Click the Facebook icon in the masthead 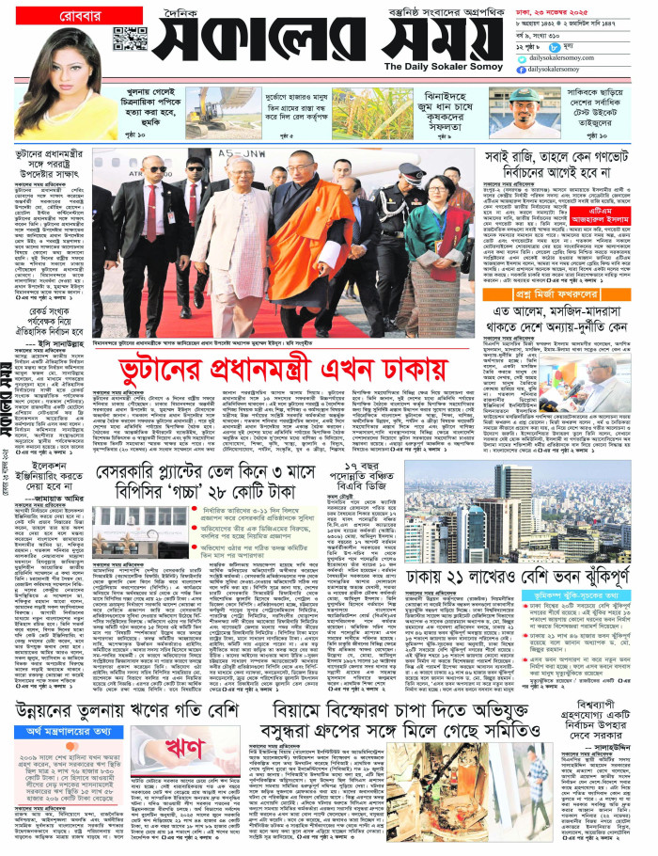click(522, 69)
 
